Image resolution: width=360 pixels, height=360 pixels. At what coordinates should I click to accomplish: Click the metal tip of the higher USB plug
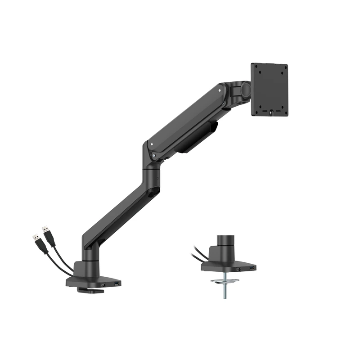coord(45,229)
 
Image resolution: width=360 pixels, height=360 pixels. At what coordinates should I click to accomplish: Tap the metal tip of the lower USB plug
coord(35,236)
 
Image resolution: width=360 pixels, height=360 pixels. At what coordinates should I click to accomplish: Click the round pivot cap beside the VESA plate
coord(246,89)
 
